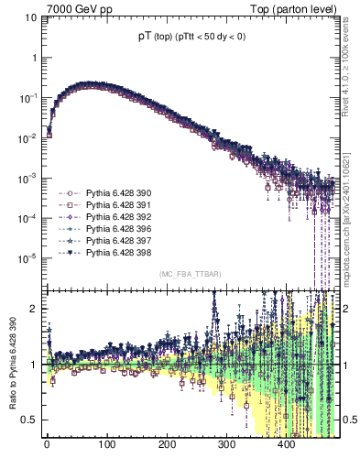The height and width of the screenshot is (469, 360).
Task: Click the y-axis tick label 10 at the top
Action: tap(29, 17)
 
